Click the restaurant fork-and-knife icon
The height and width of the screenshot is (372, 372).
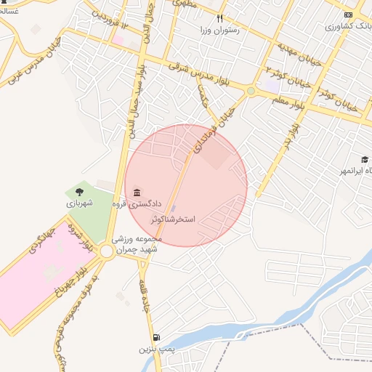tap(219, 18)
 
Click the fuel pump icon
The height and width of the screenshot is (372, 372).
tap(157, 337)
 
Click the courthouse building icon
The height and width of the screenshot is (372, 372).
tap(137, 192)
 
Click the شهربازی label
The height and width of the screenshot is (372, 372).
tap(81, 204)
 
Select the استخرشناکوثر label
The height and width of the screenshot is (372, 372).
tap(174, 218)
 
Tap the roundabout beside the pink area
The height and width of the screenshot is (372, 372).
tap(107, 251)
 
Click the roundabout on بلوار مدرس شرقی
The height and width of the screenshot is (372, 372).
tap(251, 91)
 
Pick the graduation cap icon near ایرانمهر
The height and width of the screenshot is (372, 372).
tap(365, 159)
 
